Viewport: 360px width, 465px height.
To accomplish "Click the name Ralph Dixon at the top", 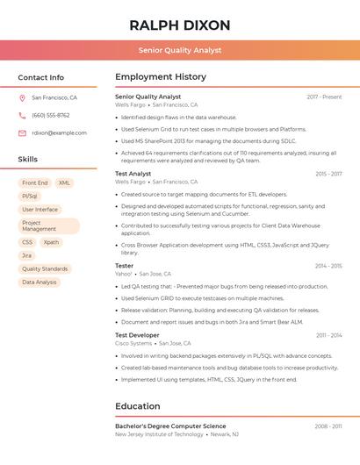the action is [x=179, y=25].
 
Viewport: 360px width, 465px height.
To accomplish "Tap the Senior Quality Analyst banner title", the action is [x=179, y=50].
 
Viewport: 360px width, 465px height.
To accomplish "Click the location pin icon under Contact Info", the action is [x=22, y=98].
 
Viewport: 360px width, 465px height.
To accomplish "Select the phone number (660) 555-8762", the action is [x=50, y=116].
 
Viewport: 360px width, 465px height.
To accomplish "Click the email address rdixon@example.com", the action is [x=59, y=133].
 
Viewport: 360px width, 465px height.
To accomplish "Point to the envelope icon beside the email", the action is [x=22, y=133].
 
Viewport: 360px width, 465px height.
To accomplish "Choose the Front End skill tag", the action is [x=35, y=182].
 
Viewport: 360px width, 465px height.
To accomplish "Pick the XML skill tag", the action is [x=65, y=182].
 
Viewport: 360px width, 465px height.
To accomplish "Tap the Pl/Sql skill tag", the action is [x=30, y=197].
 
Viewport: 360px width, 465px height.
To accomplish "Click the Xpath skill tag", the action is [x=51, y=242].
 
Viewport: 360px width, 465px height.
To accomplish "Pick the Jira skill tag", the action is [x=27, y=255].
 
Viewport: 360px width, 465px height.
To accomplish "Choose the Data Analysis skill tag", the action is [x=40, y=283].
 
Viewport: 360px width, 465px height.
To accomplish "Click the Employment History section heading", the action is [x=161, y=77].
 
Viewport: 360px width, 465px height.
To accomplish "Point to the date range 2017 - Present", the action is [x=324, y=97].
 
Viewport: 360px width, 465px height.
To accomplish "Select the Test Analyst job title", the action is [x=133, y=174].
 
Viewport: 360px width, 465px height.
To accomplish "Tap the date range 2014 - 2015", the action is [x=328, y=266].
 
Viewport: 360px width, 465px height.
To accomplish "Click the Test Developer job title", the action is [x=138, y=335].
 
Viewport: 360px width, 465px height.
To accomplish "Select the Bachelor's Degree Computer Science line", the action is [x=170, y=426].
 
